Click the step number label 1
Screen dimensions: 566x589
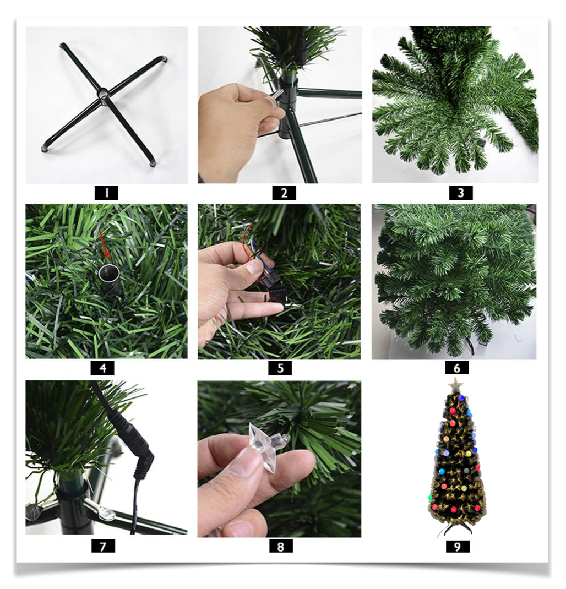tap(106, 193)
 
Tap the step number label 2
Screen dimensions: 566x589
tap(284, 193)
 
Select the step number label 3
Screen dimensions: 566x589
tap(461, 193)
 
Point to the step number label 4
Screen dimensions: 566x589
tap(102, 368)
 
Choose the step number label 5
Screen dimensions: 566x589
tap(280, 368)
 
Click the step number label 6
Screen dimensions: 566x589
tap(456, 368)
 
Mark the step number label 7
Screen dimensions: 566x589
tap(103, 546)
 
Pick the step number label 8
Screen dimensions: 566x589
tap(281, 546)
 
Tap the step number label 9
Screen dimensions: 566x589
tap(458, 546)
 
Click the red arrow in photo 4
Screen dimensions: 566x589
tap(104, 244)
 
